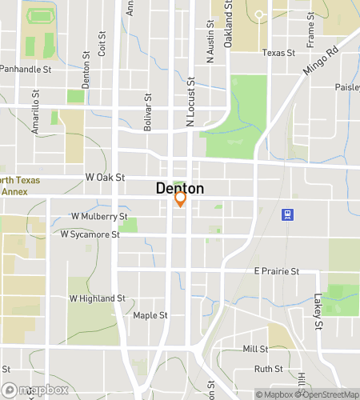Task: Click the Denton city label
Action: click(x=179, y=189)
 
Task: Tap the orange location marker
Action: click(x=181, y=199)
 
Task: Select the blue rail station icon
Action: click(x=286, y=214)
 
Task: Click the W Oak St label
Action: click(x=106, y=177)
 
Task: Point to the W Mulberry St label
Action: click(x=99, y=216)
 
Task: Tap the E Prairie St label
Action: click(x=276, y=271)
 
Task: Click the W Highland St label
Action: click(x=98, y=298)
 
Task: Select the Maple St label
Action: click(x=150, y=315)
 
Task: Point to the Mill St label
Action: click(x=255, y=350)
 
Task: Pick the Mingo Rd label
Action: click(x=321, y=60)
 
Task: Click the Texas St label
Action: click(x=279, y=53)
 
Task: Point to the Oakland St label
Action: click(x=228, y=24)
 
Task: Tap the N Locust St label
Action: click(x=190, y=102)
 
